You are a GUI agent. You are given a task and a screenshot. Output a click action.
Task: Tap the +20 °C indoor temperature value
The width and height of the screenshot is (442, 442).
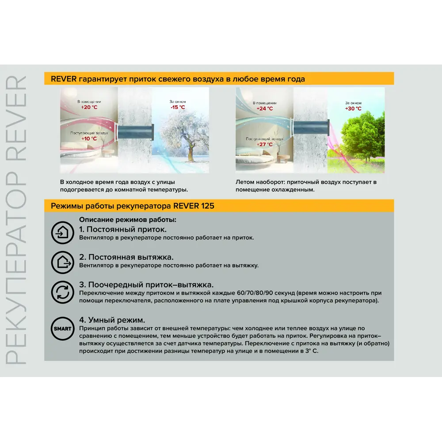click(89, 107)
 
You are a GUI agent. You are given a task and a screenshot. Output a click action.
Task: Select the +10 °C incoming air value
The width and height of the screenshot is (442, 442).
click(89, 138)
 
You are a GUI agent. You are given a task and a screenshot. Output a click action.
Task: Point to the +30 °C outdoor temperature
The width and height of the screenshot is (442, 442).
click(353, 108)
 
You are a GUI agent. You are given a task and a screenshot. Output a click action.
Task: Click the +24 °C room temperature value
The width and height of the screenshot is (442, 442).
click(265, 108)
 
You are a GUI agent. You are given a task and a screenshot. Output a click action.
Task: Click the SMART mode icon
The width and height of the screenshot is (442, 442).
click(62, 329)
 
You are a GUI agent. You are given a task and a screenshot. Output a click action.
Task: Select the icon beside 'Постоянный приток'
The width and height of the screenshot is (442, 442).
click(62, 232)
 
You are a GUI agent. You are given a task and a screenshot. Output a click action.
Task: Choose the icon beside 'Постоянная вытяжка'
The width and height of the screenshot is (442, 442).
click(62, 262)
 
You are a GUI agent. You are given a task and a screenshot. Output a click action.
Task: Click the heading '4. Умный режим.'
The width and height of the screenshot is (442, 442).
click(112, 320)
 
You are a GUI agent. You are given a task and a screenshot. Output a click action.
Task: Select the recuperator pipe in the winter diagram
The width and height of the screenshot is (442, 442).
click(134, 131)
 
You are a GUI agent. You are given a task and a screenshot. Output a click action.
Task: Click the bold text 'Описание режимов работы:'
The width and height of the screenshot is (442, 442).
click(128, 220)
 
